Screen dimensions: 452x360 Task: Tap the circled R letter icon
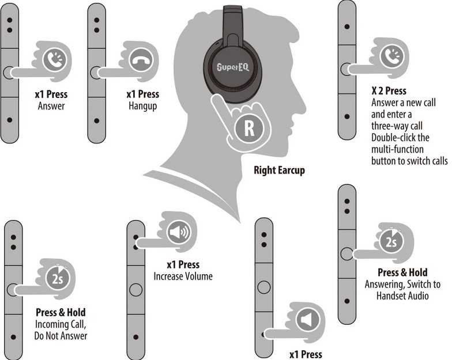pos(249,128)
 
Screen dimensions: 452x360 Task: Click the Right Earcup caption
pos(279,170)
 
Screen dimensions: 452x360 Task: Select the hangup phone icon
pos(141,60)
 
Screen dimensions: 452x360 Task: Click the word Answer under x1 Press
pos(51,106)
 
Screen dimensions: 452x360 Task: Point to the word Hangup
pos(143,106)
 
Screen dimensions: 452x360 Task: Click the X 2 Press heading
pos(389,91)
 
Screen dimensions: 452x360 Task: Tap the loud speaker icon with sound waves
pos(179,232)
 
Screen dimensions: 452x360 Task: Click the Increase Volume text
pos(183,276)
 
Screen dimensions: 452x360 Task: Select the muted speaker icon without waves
pos(307,320)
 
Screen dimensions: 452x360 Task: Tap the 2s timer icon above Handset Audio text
pos(391,242)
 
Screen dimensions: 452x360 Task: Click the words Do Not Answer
pos(61,336)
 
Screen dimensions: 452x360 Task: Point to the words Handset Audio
pos(402,296)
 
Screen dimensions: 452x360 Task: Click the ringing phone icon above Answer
pos(54,60)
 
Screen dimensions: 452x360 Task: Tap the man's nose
pos(303,101)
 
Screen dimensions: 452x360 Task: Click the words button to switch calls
pos(409,161)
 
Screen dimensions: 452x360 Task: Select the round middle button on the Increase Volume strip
pos(136,289)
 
